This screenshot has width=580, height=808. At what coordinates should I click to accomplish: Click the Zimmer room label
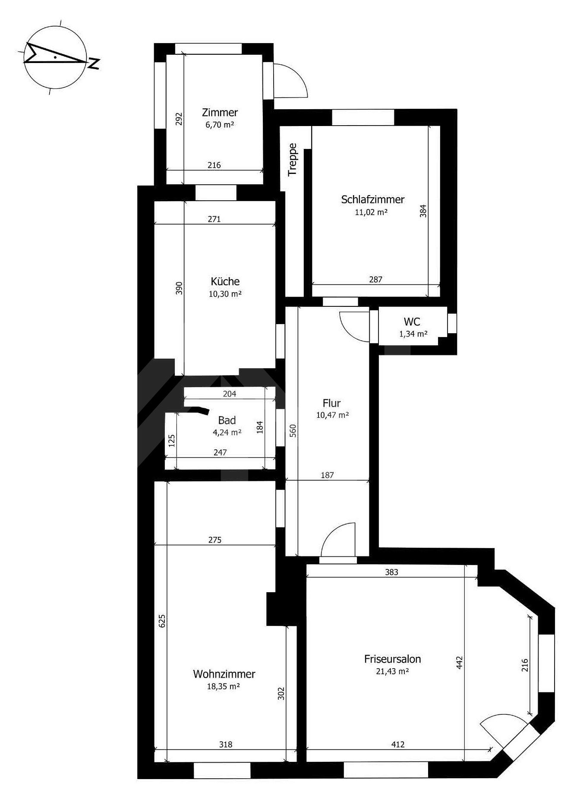coord(220,113)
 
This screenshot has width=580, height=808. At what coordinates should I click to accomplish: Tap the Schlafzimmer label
coord(373,199)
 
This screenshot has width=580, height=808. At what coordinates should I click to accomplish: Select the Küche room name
coord(225,281)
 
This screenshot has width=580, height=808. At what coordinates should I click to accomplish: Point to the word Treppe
coord(293,159)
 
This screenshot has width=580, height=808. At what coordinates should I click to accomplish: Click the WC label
coord(412,322)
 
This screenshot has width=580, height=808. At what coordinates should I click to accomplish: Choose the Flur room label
coord(332,403)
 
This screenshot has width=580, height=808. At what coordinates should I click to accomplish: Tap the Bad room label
coord(227,420)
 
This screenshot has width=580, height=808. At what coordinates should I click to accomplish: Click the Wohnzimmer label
coord(224,674)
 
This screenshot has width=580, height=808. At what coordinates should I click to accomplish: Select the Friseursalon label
coord(393,659)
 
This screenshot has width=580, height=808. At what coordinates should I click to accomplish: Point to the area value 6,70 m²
coord(220,125)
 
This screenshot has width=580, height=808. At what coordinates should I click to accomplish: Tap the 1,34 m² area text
coord(413,334)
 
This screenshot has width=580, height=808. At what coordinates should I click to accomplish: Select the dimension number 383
coord(391,572)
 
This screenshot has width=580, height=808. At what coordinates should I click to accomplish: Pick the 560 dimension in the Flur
coord(293,431)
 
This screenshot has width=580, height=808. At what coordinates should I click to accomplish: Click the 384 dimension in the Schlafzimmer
coord(423,211)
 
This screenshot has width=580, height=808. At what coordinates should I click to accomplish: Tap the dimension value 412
coord(397,744)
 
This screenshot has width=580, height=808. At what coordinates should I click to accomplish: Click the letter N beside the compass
coord(94,63)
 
